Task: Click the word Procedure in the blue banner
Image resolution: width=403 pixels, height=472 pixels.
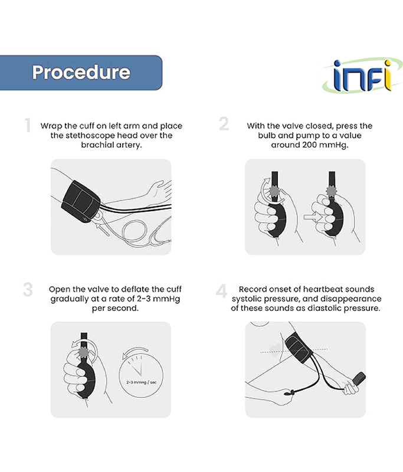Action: (x=81, y=73)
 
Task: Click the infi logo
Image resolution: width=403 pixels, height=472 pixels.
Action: (x=362, y=76)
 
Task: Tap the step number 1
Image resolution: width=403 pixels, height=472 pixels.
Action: (x=28, y=125)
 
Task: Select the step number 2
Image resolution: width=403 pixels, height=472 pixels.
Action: (x=224, y=124)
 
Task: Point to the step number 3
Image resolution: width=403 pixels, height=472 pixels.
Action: (x=28, y=290)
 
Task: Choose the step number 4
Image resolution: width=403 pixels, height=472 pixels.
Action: (x=221, y=291)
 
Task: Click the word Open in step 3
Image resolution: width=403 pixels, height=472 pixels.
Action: (x=59, y=290)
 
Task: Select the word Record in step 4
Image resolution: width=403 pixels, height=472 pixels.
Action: (x=252, y=289)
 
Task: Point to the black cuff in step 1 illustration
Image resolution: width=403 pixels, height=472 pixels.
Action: (x=81, y=202)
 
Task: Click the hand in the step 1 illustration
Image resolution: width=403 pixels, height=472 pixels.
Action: (x=159, y=189)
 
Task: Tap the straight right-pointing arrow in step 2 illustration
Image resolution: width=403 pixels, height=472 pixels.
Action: (x=313, y=217)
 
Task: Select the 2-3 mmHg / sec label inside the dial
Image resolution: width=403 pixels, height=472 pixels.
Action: (x=142, y=382)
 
